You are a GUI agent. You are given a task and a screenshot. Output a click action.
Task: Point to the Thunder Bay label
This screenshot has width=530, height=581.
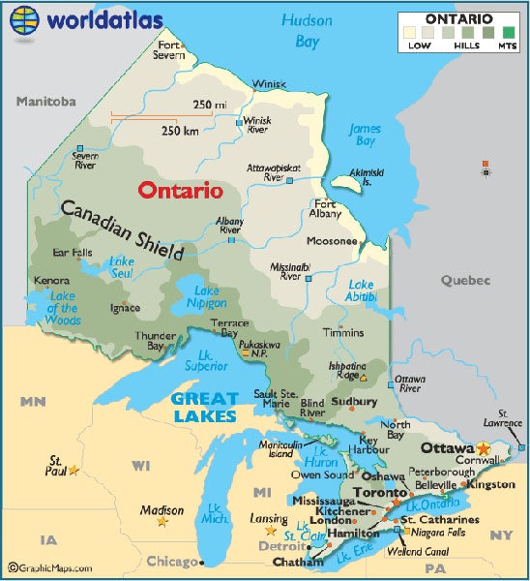[x=149, y=340]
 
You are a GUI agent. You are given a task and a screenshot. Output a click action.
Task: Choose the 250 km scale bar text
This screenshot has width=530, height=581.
[x=180, y=130]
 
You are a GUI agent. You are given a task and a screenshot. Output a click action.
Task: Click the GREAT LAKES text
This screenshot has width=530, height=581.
[x=205, y=407]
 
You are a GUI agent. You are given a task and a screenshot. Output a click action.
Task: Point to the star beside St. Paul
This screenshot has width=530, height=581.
[x=74, y=471]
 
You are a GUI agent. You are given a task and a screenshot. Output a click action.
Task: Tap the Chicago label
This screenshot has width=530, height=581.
[x=170, y=561]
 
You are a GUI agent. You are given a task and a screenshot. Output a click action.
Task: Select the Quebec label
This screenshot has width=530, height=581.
[x=465, y=280]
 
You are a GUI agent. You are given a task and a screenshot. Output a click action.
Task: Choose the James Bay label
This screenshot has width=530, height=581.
[x=364, y=135]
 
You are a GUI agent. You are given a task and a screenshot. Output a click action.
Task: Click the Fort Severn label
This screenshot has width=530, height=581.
[x=170, y=49]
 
